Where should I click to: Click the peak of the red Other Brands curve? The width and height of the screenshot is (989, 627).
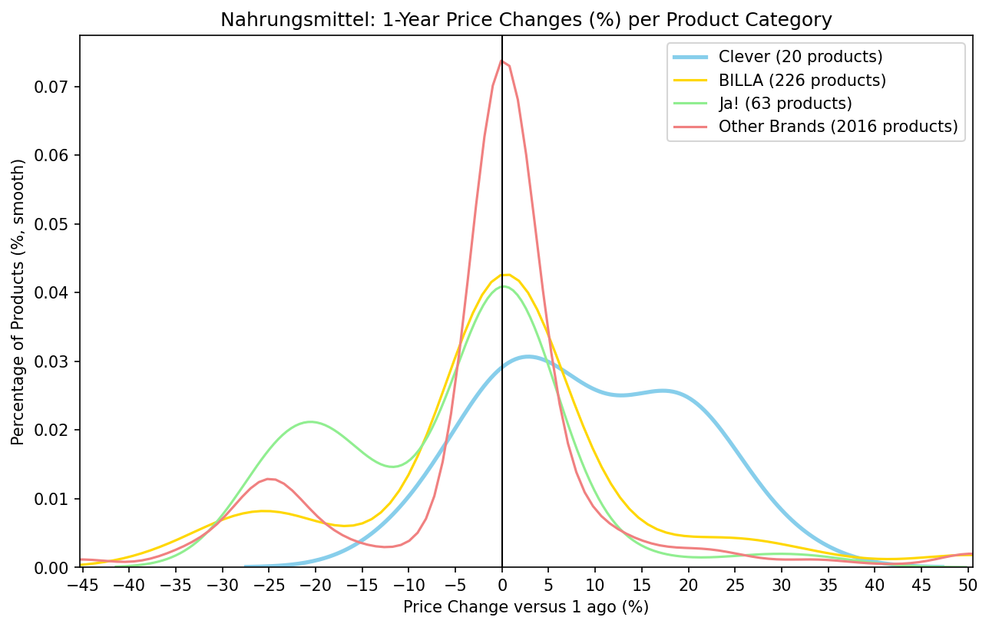501,61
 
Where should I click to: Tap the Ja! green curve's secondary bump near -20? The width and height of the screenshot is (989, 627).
310,421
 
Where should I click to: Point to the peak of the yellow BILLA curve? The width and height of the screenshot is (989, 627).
505,274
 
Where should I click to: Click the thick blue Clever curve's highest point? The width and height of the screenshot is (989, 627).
528,356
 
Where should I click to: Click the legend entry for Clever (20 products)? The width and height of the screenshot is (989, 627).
800,57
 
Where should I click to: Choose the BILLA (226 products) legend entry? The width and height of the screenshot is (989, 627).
802,80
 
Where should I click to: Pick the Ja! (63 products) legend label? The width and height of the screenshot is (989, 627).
785,103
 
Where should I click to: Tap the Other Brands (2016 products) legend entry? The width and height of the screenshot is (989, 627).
838,127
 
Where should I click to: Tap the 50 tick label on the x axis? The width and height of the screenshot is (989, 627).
969,586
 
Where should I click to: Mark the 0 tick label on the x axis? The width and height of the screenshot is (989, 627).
502,586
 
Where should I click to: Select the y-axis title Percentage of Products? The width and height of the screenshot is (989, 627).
18,301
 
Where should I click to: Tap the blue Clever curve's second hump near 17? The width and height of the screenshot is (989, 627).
662,391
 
